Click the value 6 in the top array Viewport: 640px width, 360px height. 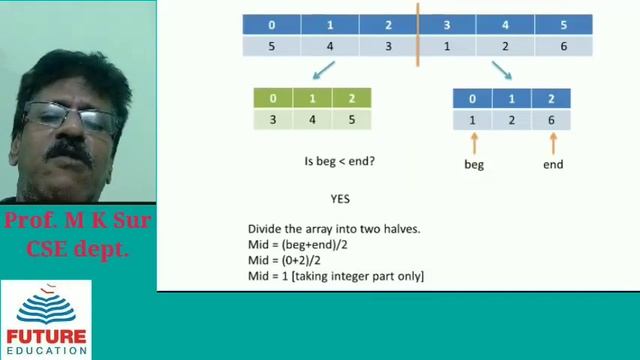point(563,46)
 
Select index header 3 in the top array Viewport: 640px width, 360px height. point(446,24)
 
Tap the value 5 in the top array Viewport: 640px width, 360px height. point(272,46)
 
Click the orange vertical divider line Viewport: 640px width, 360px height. point(417,35)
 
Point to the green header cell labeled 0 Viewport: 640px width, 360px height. point(273,99)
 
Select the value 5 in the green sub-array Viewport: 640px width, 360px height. point(351,120)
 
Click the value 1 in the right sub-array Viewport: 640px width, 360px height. point(473,120)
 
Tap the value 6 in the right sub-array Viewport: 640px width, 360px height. point(551,120)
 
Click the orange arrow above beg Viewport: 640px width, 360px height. point(473,143)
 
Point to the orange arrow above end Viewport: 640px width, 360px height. point(552,143)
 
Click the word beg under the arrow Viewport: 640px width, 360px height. point(473,164)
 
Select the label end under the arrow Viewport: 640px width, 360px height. point(552,164)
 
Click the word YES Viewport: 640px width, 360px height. point(340,199)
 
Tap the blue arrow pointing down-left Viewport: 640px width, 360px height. point(322,71)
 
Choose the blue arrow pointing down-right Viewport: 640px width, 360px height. point(501,69)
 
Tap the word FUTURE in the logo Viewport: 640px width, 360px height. point(47,336)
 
